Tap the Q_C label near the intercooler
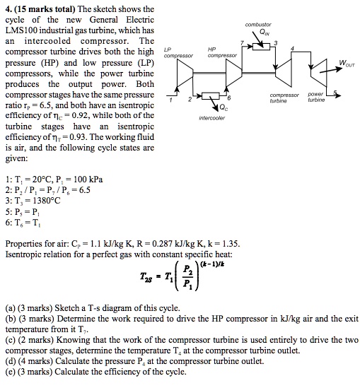[x=224, y=108]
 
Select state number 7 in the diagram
[x=241, y=43]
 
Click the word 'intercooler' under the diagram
[x=212, y=118]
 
